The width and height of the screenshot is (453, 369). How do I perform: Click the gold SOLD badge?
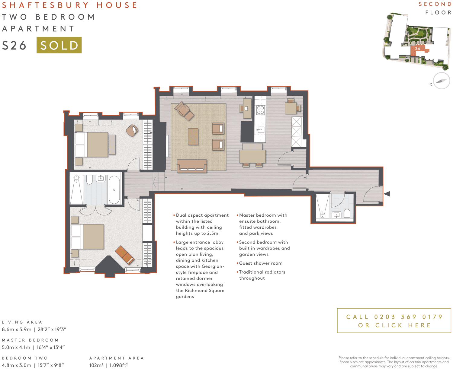59,45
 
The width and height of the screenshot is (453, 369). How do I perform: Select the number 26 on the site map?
418,49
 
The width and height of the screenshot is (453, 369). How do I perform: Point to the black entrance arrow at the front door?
387,194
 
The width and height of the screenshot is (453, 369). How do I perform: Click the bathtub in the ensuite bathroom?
114,190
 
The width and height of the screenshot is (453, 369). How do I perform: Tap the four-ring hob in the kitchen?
260,110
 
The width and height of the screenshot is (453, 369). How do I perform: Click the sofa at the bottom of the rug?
192,166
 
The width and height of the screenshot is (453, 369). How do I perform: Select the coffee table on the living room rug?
193,136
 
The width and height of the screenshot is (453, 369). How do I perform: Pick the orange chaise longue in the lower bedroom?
125,255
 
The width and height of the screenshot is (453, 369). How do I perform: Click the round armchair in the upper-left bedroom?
132,130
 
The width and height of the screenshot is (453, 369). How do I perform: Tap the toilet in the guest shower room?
347,214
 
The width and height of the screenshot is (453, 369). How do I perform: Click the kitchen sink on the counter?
260,130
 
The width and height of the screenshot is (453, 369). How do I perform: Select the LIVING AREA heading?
22,322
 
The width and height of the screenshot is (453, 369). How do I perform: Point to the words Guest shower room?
261,263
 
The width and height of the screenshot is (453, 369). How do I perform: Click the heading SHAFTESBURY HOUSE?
69,5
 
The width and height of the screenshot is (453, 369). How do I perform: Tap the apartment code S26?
14,46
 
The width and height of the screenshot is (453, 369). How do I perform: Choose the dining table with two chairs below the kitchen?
252,156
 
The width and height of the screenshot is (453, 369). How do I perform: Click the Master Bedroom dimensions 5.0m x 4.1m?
16,347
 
